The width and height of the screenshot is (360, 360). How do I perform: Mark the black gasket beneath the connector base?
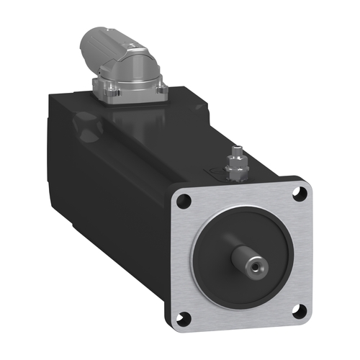130,102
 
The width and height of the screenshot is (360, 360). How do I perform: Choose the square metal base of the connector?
130,92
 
